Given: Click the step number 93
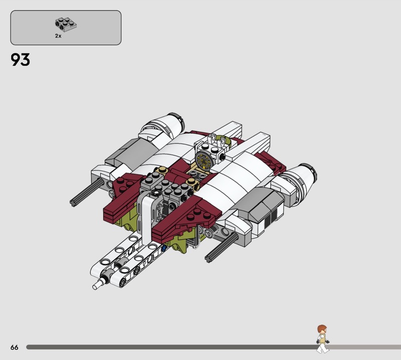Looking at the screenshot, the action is [20, 60].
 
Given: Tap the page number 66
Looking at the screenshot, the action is [15, 347].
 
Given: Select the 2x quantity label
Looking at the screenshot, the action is [58, 36].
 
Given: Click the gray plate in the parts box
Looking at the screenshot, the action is [66, 24].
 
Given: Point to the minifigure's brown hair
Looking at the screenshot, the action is [322, 328].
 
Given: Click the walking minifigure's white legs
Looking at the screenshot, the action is [322, 348].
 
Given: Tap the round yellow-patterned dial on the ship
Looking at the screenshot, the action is [204, 160].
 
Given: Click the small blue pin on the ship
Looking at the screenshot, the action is [164, 248].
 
